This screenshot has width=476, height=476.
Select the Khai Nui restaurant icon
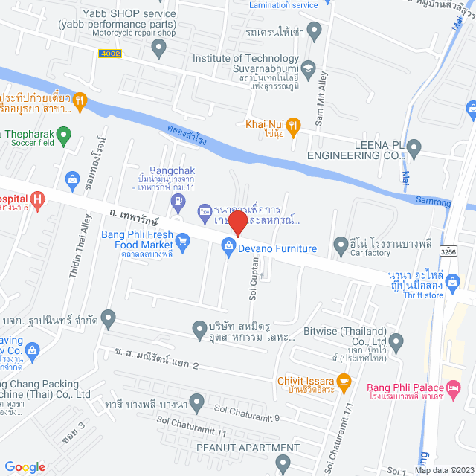click(294, 126)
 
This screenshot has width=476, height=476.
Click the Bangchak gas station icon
click(177, 201)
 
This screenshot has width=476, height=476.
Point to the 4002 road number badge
click(108, 54)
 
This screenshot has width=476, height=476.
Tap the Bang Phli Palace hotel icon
click(453, 387)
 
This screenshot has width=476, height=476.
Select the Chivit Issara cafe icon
click(343, 382)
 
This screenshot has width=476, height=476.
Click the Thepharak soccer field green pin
click(64, 136)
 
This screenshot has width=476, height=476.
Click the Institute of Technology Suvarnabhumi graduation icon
click(309, 68)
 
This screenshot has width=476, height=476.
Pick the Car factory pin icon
click(340, 243)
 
